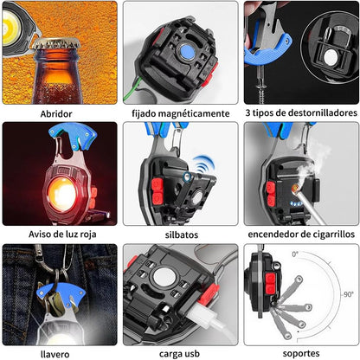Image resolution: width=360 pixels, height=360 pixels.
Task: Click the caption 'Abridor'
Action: pos(56,113)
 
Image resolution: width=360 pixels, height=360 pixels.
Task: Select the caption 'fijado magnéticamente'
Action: pos(181,113)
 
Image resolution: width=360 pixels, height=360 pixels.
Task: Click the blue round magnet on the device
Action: pos(187,52)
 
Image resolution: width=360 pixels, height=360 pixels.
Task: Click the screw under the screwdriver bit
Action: pos(261,90)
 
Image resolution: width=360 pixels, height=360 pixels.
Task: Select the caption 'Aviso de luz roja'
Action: pos(62,235)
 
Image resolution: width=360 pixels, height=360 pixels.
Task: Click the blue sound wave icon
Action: pos(204,165)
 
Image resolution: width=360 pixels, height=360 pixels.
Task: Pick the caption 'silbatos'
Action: pos(182,235)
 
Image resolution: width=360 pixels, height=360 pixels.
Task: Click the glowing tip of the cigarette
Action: pos(294,189)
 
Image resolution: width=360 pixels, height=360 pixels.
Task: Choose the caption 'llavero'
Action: pos(55,354)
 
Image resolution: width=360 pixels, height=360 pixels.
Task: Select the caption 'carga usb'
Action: pos(179,354)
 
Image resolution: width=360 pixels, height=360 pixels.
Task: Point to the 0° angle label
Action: pos(295,254)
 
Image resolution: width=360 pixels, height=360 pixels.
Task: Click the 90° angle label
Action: pos(349,294)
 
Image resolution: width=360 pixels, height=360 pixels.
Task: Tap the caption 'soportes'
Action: pos(301,354)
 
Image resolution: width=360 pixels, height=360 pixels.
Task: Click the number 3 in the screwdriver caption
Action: pos(247,112)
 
